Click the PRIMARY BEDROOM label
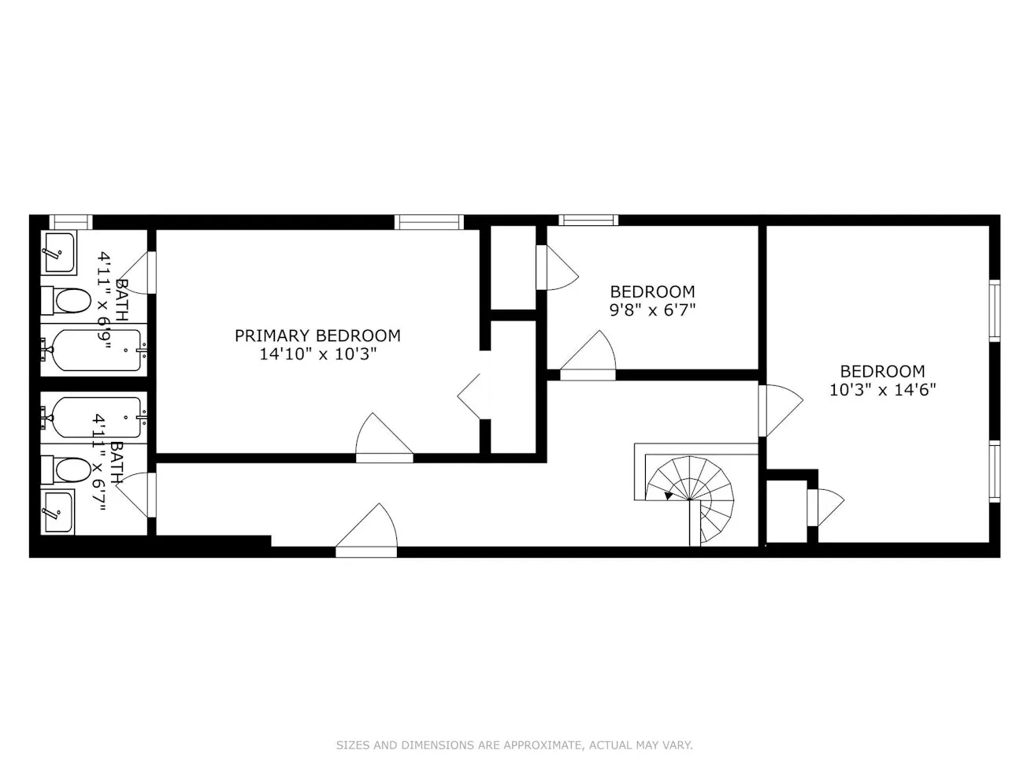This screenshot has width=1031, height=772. pyautogui.click(x=317, y=336)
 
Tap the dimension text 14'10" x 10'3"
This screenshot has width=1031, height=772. pyautogui.click(x=317, y=354)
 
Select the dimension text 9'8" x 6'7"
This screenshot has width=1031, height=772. pyautogui.click(x=652, y=310)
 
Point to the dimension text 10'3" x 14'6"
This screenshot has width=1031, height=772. pyautogui.click(x=882, y=390)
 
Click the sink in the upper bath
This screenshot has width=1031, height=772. pyautogui.click(x=58, y=253)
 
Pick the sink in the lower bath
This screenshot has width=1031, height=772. pyautogui.click(x=57, y=513)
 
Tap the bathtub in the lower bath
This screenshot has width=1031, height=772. pyautogui.click(x=95, y=418)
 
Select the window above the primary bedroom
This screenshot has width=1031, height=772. pyautogui.click(x=429, y=222)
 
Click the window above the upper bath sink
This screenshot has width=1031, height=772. pyautogui.click(x=71, y=222)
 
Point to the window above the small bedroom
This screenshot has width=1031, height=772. pyautogui.click(x=588, y=221)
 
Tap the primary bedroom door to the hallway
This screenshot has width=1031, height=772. pyautogui.click(x=384, y=441)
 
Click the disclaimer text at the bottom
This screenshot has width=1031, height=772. pyautogui.click(x=514, y=745)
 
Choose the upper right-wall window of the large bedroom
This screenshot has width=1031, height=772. pyautogui.click(x=994, y=310)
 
